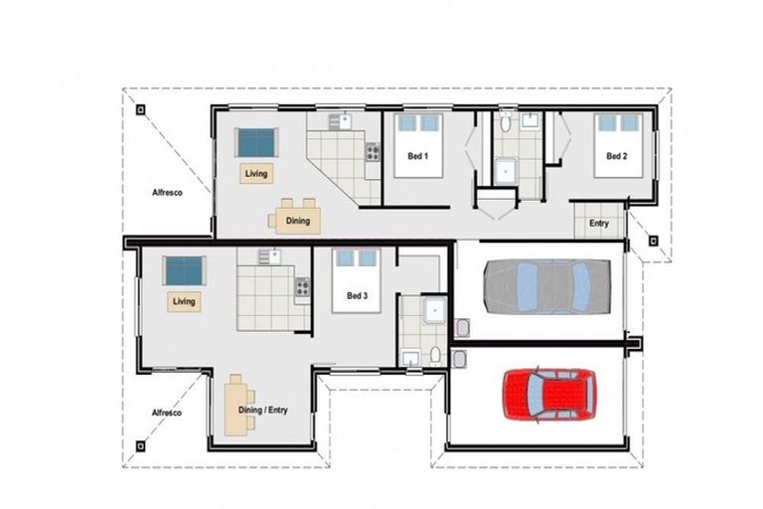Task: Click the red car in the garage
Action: click(x=549, y=397)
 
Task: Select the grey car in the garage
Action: click(x=547, y=286)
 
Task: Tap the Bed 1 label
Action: click(x=417, y=156)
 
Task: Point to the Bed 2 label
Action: click(x=617, y=156)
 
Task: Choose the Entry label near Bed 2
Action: click(x=598, y=224)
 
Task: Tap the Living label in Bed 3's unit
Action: click(x=184, y=300)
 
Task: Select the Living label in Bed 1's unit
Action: click(x=256, y=174)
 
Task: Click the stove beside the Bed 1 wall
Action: click(x=373, y=153)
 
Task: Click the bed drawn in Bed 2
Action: click(x=618, y=144)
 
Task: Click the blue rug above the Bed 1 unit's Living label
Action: click(x=256, y=142)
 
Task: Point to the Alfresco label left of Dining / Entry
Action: click(x=166, y=413)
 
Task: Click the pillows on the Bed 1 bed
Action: click(x=417, y=123)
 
